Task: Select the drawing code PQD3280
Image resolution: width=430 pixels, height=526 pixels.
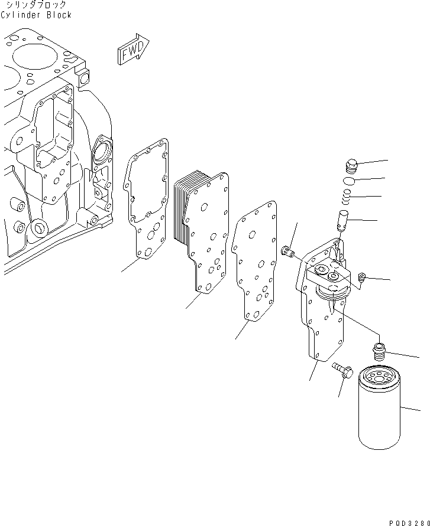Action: coord(409,520)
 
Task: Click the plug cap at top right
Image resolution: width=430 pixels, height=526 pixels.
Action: coord(351,165)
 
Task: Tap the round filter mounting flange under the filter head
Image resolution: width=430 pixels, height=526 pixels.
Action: coord(331,291)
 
